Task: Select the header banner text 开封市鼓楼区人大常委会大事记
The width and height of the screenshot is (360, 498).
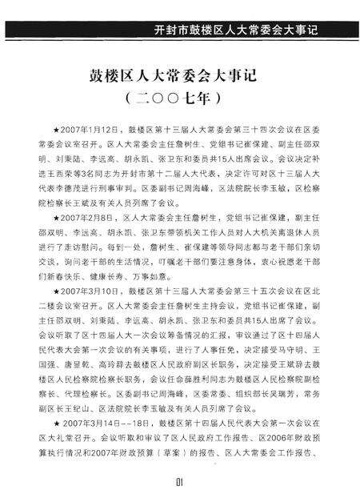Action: [235, 31]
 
